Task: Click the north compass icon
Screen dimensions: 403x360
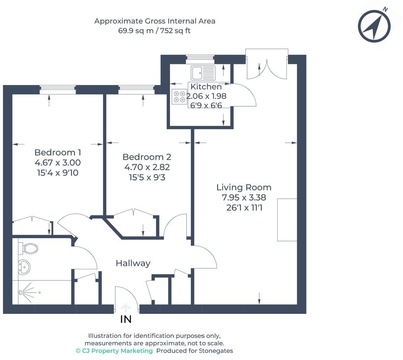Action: pos(374,26)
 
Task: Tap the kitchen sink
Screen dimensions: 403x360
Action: pos(203,72)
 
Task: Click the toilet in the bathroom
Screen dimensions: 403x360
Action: pos(29,249)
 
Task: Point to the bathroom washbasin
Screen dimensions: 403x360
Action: pos(24,267)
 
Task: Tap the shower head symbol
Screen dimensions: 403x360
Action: pos(21,293)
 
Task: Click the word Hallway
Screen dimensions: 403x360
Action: pos(133,263)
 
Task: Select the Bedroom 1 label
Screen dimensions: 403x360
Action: pos(58,152)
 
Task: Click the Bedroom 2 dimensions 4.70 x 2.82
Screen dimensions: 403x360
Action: pos(147,167)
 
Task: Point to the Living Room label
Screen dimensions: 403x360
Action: pos(244,187)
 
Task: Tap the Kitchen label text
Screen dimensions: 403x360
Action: pos(206,87)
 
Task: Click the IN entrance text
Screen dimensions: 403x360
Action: pos(126,320)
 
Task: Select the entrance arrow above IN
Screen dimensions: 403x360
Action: pos(126,307)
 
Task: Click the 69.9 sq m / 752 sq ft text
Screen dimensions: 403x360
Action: pos(154,31)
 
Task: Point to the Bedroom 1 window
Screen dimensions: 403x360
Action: pos(58,90)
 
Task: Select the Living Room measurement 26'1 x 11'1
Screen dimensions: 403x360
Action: pos(244,208)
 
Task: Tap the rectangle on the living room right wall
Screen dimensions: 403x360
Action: pos(287,220)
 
